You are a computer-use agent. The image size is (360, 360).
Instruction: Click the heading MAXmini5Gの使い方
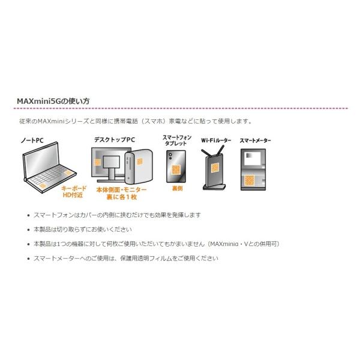tap(53, 101)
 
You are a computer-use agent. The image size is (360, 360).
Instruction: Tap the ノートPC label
tap(32, 140)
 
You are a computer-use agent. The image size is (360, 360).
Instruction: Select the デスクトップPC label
tap(115, 140)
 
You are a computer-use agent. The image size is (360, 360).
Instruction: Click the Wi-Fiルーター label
tap(216, 140)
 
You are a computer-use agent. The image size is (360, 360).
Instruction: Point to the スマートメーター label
tap(256, 140)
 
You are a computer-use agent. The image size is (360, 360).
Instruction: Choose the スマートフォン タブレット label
tap(177, 140)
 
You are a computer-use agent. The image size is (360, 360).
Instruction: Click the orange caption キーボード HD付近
tap(73, 192)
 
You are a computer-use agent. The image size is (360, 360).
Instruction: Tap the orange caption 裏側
tap(177, 188)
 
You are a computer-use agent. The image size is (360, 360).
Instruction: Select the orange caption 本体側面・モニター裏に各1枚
tap(121, 193)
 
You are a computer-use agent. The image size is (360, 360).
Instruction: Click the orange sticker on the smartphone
tap(176, 170)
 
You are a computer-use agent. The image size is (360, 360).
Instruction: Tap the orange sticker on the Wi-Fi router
tap(215, 168)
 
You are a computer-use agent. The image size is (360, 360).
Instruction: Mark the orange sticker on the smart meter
tap(249, 180)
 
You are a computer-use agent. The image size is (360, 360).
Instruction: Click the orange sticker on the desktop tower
tap(140, 161)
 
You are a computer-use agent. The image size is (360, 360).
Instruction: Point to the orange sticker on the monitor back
tap(98, 163)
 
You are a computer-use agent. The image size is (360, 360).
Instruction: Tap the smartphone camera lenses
tap(170, 156)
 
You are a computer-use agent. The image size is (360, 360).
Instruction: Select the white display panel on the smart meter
tap(253, 158)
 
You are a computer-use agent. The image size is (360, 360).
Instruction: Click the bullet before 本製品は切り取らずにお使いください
tap(28, 230)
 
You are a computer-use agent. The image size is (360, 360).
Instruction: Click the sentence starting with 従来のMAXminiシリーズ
tap(136, 121)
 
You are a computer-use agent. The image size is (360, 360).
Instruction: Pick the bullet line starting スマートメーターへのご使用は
tap(126, 258)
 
